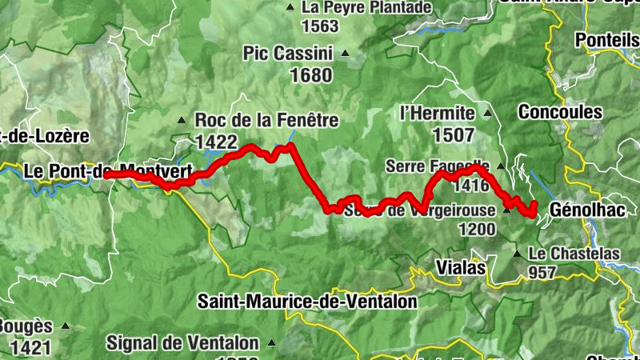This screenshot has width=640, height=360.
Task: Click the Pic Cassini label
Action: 287,54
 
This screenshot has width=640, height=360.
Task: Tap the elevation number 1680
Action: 288,75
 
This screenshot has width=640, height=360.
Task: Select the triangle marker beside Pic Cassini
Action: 346,54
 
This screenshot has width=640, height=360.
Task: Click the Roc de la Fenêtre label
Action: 266,121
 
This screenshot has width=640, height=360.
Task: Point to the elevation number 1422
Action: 216,142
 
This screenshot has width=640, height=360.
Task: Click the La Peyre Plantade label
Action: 366,7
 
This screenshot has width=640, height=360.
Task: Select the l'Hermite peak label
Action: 436,113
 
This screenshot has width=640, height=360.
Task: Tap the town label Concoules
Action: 560,112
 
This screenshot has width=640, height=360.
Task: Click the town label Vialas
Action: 462,267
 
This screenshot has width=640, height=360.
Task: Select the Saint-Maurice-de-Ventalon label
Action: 308,302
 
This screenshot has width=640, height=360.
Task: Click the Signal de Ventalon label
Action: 183,343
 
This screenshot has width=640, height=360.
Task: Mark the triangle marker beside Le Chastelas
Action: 518,254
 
